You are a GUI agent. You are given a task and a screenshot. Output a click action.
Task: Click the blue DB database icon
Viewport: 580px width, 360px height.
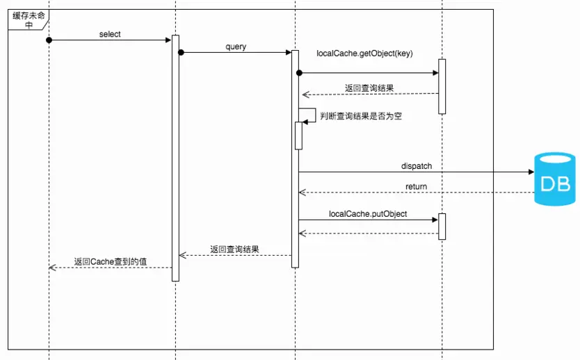tap(554, 180)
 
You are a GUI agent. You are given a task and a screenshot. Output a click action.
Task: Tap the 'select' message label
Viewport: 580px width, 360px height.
tap(111, 34)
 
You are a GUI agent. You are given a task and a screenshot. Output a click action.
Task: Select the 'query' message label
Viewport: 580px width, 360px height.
tap(236, 47)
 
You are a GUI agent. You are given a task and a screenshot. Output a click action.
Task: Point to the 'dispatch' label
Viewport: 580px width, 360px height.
tap(417, 166)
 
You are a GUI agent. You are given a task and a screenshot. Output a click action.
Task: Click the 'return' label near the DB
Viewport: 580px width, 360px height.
tap(417, 186)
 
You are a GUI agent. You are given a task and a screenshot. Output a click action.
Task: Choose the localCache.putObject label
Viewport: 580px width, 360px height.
tap(368, 214)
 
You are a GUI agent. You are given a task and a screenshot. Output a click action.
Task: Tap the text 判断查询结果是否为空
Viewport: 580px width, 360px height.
tap(362, 117)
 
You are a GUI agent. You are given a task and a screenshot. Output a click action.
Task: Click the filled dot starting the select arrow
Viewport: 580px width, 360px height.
tap(49, 40)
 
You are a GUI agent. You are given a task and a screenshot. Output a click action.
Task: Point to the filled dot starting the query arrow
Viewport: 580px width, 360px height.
tap(181, 53)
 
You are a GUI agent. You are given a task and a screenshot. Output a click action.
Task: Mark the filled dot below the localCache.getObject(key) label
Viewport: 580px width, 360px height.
tap(299, 72)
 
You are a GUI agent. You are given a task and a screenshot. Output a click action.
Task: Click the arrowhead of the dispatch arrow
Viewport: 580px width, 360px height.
tap(528, 172)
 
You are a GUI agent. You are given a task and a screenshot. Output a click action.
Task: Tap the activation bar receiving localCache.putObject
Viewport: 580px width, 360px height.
tap(442, 226)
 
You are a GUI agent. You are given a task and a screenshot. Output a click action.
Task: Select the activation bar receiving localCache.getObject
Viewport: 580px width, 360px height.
tap(442, 86)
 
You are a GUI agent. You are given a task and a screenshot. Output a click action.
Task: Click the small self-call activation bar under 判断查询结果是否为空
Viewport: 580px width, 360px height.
tap(298, 136)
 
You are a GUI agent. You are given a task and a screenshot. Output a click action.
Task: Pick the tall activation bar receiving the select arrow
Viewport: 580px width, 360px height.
tap(175, 158)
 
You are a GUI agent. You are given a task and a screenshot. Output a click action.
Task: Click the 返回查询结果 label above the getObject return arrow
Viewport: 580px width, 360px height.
tap(371, 88)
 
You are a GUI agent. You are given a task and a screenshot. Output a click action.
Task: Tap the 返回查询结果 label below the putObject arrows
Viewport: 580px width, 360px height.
tap(236, 249)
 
